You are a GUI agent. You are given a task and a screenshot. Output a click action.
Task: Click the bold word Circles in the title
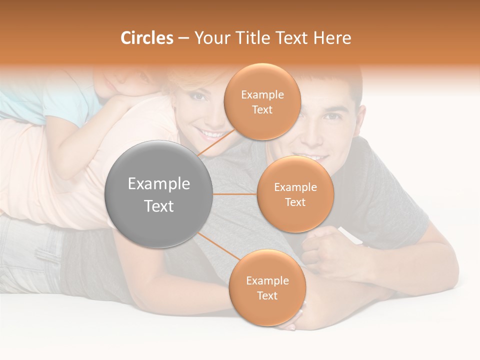(x=146, y=38)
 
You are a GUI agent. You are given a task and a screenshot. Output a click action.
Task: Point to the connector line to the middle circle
(x=235, y=194)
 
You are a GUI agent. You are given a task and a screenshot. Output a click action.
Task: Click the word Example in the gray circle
(x=159, y=184)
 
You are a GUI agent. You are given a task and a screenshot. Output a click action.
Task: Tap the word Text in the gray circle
(x=159, y=206)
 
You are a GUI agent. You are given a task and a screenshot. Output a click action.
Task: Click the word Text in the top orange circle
(x=262, y=110)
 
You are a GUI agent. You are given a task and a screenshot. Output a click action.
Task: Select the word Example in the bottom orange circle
(x=267, y=280)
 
